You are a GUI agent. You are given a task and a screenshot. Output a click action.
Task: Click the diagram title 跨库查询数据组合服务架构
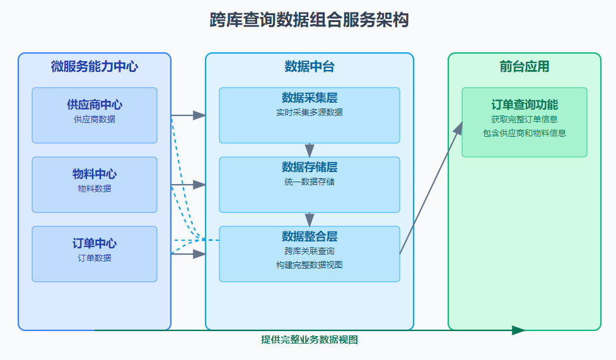[x=309, y=20]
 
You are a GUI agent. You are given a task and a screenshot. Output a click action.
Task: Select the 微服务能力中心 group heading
[x=95, y=66]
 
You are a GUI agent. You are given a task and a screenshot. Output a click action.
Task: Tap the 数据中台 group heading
[x=309, y=66]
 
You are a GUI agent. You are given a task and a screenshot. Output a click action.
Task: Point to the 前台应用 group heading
[x=524, y=66]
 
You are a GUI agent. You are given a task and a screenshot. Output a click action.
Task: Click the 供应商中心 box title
[x=95, y=105]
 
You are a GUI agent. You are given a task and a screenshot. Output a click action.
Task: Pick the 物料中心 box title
[x=95, y=174]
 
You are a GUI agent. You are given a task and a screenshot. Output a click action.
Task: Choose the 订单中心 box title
[x=95, y=243]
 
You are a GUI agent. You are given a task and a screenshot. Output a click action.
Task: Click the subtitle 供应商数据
[x=95, y=119]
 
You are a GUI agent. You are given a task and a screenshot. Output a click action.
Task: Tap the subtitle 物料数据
[x=95, y=189]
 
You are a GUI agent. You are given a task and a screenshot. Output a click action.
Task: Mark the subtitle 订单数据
[x=95, y=258]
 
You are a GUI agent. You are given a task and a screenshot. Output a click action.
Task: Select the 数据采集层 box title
[x=309, y=98]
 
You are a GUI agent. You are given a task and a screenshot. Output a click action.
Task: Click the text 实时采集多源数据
[x=309, y=113]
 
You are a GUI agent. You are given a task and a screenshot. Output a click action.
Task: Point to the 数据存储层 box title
[x=309, y=168]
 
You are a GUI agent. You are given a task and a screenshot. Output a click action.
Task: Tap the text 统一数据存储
[x=309, y=182]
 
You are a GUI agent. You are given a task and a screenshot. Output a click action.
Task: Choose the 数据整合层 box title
[x=309, y=237]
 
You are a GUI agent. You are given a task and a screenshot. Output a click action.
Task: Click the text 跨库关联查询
[x=309, y=252]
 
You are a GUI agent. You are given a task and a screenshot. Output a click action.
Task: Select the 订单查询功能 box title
[x=524, y=105]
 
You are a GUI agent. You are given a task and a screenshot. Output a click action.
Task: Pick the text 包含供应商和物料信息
[x=524, y=133]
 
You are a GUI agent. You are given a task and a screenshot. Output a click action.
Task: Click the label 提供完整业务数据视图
[x=309, y=340]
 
